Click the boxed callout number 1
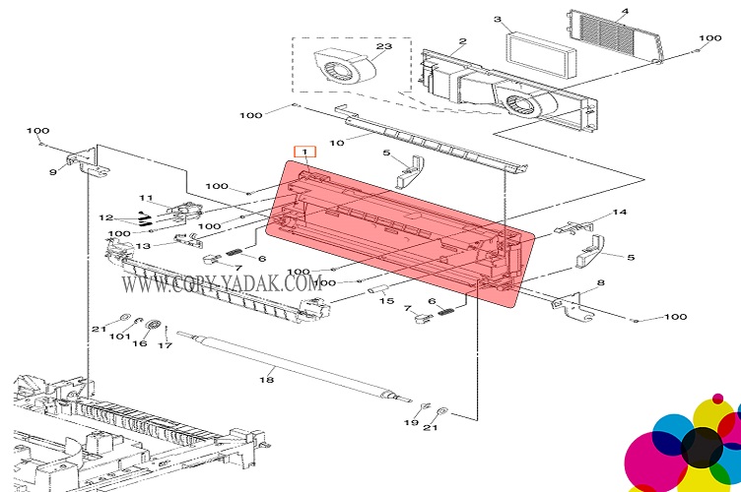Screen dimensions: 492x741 pyautogui.click(x=305, y=153)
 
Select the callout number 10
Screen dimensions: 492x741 pyautogui.click(x=336, y=143)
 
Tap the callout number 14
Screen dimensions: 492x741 pyautogui.click(x=620, y=213)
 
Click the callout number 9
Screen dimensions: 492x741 pyautogui.click(x=53, y=173)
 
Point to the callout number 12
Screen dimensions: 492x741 pyautogui.click(x=105, y=217)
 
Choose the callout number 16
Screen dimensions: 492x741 pyautogui.click(x=140, y=344)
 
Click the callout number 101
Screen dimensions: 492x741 pyautogui.click(x=119, y=337)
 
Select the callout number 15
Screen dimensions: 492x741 pyautogui.click(x=386, y=301)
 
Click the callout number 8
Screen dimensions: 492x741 pyautogui.click(x=601, y=284)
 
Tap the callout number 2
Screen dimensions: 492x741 pyautogui.click(x=460, y=42)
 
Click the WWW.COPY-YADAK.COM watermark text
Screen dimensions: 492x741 pyautogui.click(x=217, y=282)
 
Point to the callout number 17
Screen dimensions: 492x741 pyautogui.click(x=166, y=344)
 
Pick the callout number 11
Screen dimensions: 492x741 pyautogui.click(x=146, y=198)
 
